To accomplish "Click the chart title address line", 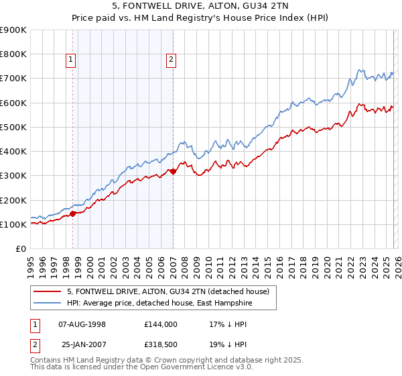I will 201,6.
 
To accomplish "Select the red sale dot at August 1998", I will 73,214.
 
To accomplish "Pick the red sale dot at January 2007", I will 173,172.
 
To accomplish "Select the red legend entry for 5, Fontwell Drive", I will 167,291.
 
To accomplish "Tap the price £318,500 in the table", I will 161,344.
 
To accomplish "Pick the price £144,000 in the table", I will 161,324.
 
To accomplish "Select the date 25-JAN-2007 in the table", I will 82,344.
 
